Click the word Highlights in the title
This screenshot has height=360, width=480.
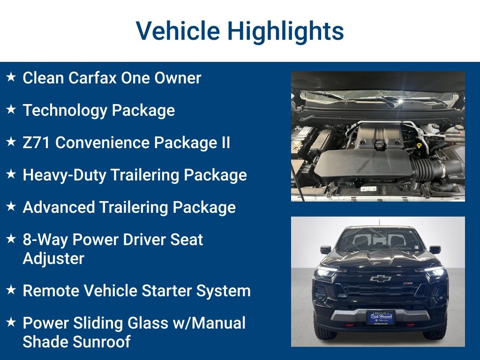(285, 31)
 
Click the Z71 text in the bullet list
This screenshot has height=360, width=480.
(36, 142)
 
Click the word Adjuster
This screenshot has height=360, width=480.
(53, 259)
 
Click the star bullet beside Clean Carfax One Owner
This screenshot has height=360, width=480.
(11, 77)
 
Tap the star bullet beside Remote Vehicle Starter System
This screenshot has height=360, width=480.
(11, 290)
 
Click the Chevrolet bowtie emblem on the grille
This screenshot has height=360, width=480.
(380, 278)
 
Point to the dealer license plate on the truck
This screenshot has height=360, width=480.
(381, 317)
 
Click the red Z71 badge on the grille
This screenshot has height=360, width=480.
(408, 284)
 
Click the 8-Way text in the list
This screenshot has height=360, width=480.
(45, 240)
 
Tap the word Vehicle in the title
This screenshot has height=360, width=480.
(178, 31)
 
